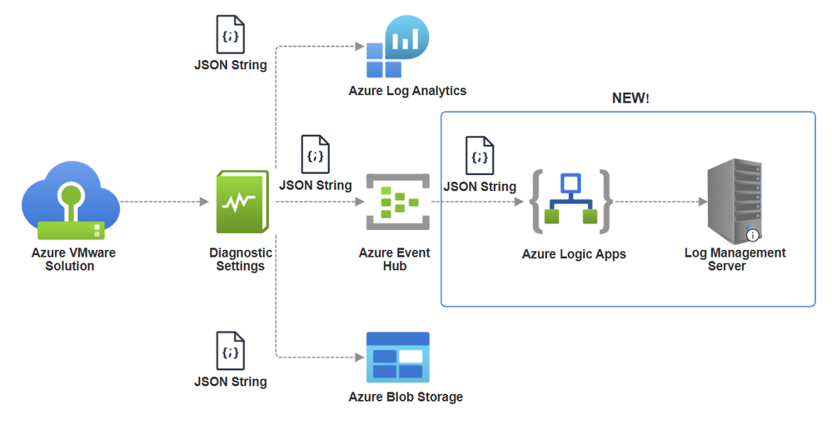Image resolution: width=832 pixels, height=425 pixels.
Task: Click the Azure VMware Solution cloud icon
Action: [71, 200]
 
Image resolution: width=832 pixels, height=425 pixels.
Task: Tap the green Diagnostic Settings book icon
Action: [242, 202]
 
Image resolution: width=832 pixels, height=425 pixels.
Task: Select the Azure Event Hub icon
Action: [398, 202]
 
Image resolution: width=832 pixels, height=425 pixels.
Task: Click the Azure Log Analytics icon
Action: [397, 47]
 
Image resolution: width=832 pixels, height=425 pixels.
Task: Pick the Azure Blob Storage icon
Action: [398, 357]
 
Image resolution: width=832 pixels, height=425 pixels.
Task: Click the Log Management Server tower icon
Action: [735, 201]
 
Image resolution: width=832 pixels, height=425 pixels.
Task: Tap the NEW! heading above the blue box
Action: [630, 98]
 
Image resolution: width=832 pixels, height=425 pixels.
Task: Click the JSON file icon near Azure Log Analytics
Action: [231, 34]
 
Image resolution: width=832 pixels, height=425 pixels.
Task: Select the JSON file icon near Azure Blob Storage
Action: [231, 351]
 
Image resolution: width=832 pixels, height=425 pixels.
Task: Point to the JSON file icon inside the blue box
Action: [480, 155]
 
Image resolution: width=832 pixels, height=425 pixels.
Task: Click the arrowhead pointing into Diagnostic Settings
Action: [204, 202]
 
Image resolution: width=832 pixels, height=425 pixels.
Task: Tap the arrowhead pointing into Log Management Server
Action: [703, 202]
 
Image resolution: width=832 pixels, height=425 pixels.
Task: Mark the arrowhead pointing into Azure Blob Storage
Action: [360, 357]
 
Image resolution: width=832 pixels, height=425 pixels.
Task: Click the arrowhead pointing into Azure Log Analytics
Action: [360, 47]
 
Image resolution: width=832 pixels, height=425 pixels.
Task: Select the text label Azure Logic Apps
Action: [574, 254]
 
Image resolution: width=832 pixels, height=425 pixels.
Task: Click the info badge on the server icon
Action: [752, 235]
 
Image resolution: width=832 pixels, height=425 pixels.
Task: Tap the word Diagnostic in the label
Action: [241, 252]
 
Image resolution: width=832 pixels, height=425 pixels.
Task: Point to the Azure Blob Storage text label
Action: [406, 397]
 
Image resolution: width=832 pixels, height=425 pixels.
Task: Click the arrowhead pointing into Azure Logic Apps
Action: [519, 202]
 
